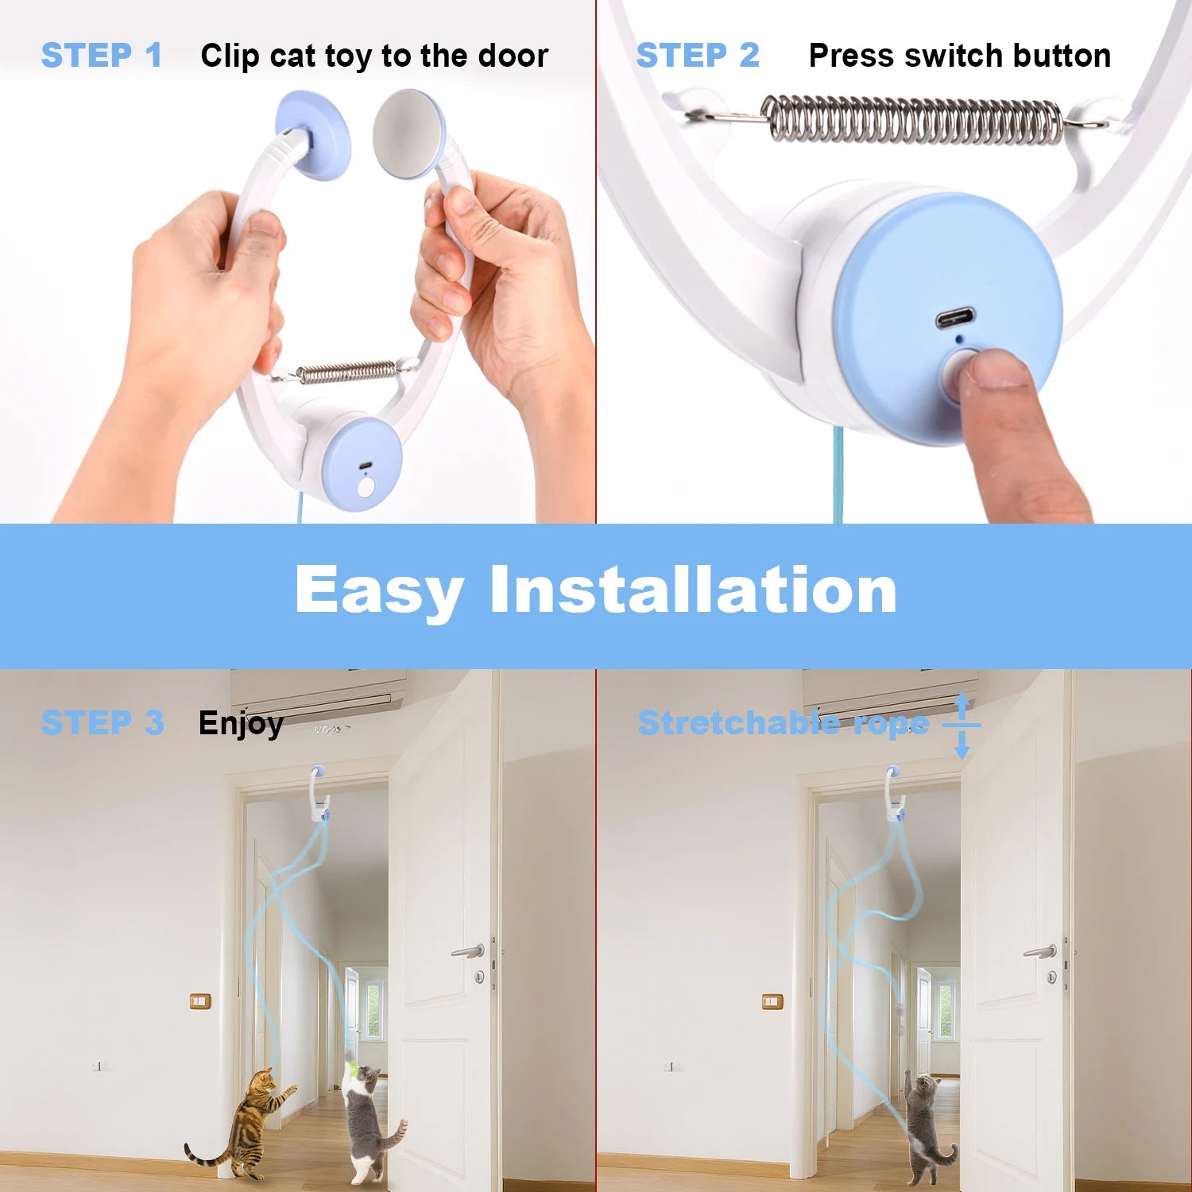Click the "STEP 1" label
tap(102, 56)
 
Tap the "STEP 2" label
tap(698, 56)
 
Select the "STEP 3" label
tap(103, 723)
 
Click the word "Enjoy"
tap(241, 724)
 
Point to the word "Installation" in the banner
tap(693, 590)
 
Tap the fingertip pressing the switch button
tap(993, 370)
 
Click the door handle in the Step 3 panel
tap(469, 950)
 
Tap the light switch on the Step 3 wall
tap(200, 1000)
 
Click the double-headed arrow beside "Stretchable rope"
tap(962, 725)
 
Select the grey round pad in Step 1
tap(407, 134)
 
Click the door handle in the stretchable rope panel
tap(1041, 951)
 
